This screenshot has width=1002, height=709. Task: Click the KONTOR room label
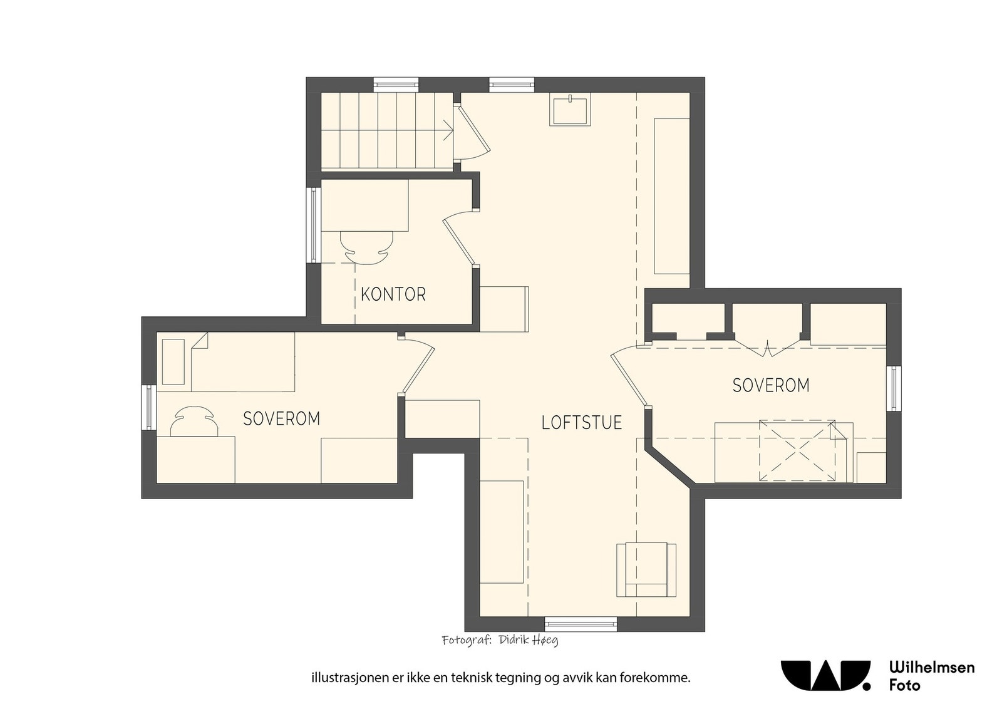(393, 294)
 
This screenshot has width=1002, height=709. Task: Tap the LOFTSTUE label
(582, 423)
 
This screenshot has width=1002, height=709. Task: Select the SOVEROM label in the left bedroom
(282, 418)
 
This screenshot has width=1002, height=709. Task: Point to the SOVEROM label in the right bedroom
(771, 386)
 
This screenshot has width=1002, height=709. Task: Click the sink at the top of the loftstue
(571, 109)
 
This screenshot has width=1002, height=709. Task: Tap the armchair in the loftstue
(646, 570)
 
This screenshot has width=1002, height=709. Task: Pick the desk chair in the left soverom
(194, 421)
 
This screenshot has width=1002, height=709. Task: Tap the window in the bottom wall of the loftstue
(581, 624)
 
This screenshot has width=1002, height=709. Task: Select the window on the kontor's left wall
(314, 225)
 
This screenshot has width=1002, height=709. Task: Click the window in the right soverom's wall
(893, 388)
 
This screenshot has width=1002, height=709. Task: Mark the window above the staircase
(396, 85)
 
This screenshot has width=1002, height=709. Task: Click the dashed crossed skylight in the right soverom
(797, 451)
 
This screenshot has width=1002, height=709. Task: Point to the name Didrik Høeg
(529, 641)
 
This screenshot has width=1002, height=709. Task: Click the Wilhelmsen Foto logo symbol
(826, 675)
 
